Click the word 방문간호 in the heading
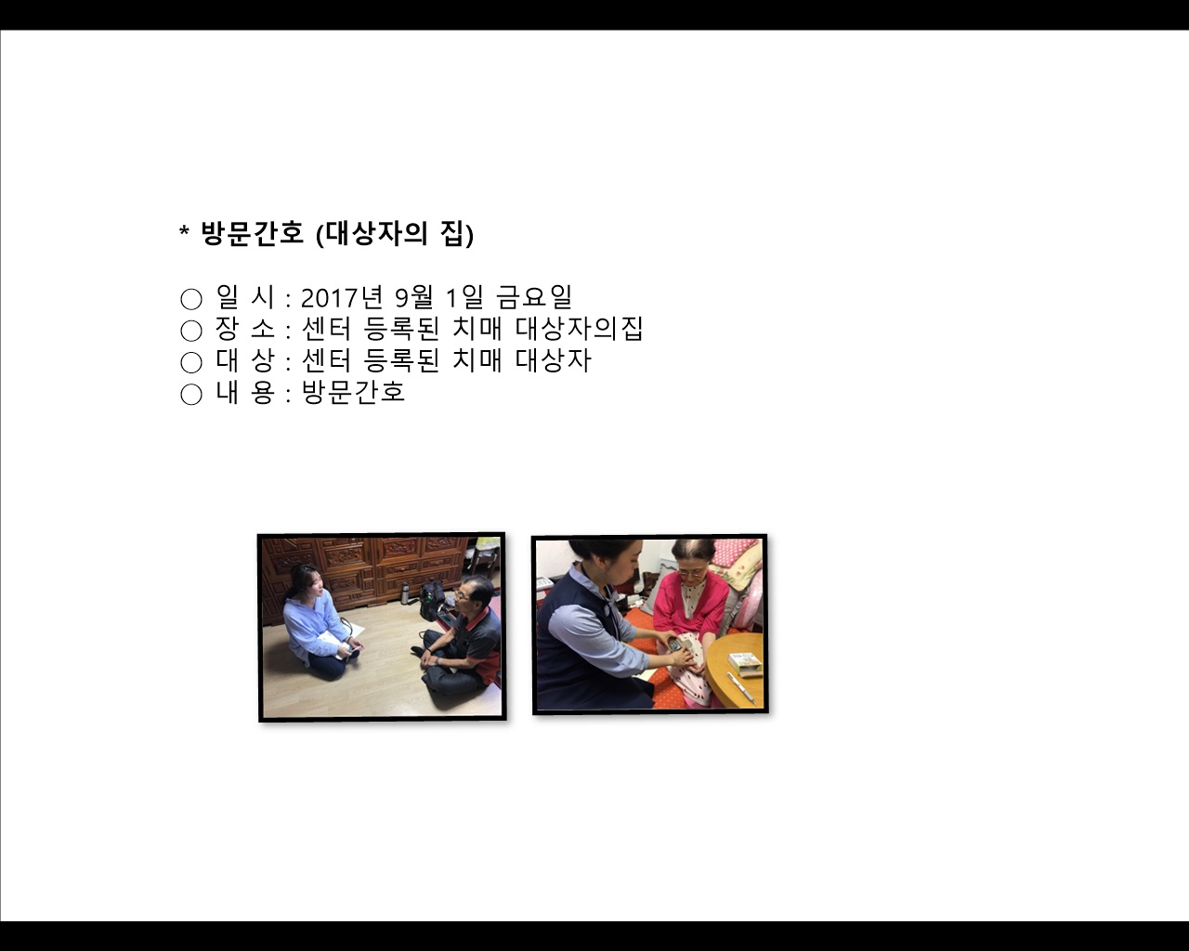point(252,234)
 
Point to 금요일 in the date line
point(534,297)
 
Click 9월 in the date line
point(414,298)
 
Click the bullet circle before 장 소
point(191,331)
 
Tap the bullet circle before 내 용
point(191,395)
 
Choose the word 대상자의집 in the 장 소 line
point(579,329)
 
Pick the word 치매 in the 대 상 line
point(477,360)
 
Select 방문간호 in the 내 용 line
point(354,392)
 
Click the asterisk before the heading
point(184,231)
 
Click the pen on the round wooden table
point(741,687)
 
